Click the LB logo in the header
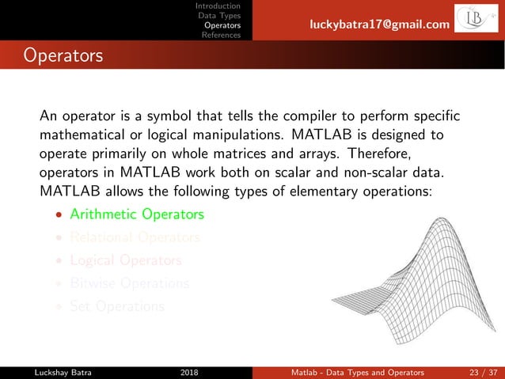click(x=478, y=21)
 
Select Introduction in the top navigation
click(x=218, y=6)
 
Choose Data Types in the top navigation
click(x=219, y=15)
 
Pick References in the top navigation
click(x=221, y=35)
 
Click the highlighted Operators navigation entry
click(x=222, y=25)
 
